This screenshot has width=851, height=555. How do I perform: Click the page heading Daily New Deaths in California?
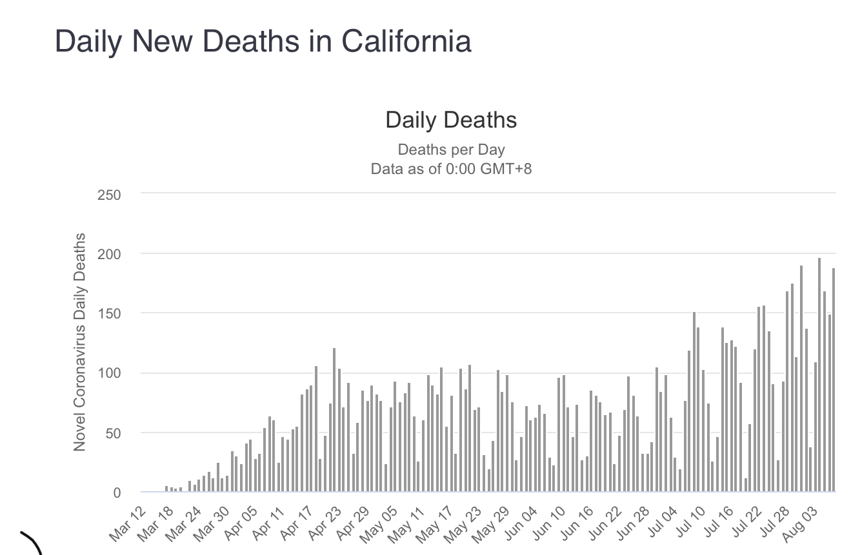263,41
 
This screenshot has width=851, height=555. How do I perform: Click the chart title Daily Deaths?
451,120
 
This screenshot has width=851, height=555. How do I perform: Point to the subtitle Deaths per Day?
451,150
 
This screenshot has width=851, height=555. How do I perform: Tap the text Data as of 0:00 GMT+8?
451,170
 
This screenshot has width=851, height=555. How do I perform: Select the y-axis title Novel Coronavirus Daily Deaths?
80,342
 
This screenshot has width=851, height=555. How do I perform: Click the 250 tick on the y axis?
109,195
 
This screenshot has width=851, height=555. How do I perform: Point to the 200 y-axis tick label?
109,254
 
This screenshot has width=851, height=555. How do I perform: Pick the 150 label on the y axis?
109,314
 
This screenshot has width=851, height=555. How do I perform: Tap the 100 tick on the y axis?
109,373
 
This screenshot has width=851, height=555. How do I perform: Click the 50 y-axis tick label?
112,433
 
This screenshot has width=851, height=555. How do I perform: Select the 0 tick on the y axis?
117,493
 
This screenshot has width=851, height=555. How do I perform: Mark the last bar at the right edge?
834,380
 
